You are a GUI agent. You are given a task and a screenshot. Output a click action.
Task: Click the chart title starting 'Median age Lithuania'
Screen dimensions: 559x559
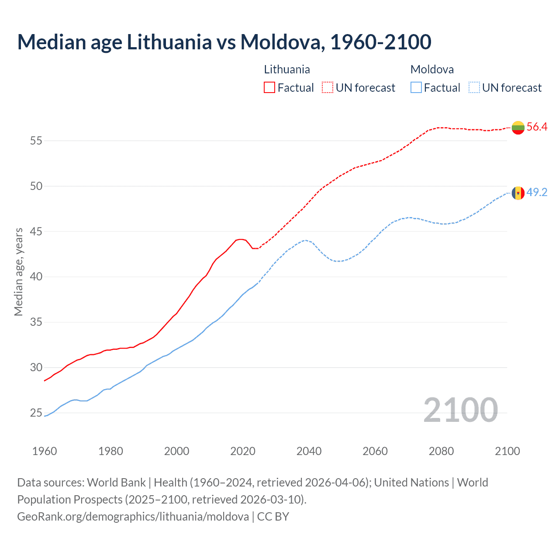point(224,42)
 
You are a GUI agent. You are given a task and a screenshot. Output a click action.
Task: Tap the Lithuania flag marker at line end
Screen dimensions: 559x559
point(518,128)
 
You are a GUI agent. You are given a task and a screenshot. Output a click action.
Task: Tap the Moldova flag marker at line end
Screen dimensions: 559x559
point(518,193)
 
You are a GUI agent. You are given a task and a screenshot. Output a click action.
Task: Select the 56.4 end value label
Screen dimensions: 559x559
point(537,127)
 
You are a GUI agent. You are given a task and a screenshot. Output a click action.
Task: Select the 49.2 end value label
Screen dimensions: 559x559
point(537,193)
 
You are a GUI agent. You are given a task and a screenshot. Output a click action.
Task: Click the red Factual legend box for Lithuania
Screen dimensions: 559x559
point(269,88)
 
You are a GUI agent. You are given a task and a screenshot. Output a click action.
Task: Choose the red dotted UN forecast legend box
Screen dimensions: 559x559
point(328,88)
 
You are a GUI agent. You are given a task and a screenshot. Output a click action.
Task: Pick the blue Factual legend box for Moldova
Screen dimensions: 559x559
point(416,88)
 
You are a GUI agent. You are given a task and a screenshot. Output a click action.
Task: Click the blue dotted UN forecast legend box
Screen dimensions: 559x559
point(474,88)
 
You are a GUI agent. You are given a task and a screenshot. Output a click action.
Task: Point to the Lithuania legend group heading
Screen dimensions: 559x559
point(287,69)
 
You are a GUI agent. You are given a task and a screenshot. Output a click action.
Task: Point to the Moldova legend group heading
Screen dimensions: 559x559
point(432,69)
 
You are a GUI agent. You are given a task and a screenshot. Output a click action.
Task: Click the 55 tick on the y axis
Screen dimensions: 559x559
point(36,141)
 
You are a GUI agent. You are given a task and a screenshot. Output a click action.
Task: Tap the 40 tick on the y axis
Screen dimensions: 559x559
point(36,277)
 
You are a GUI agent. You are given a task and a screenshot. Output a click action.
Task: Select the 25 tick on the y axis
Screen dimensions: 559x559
point(36,413)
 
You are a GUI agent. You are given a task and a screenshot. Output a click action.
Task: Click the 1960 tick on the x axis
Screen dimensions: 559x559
point(45,451)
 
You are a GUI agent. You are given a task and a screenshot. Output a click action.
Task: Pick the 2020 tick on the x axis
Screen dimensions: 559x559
point(243,451)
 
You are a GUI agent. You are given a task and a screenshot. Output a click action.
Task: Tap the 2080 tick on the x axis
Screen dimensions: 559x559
point(441,451)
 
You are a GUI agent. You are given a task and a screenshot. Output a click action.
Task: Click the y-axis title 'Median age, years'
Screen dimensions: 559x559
point(18,272)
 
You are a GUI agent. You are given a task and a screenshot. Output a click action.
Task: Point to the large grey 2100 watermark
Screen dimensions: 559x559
point(460,410)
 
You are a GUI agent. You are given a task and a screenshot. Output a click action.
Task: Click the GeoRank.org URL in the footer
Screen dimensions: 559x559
point(133,517)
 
